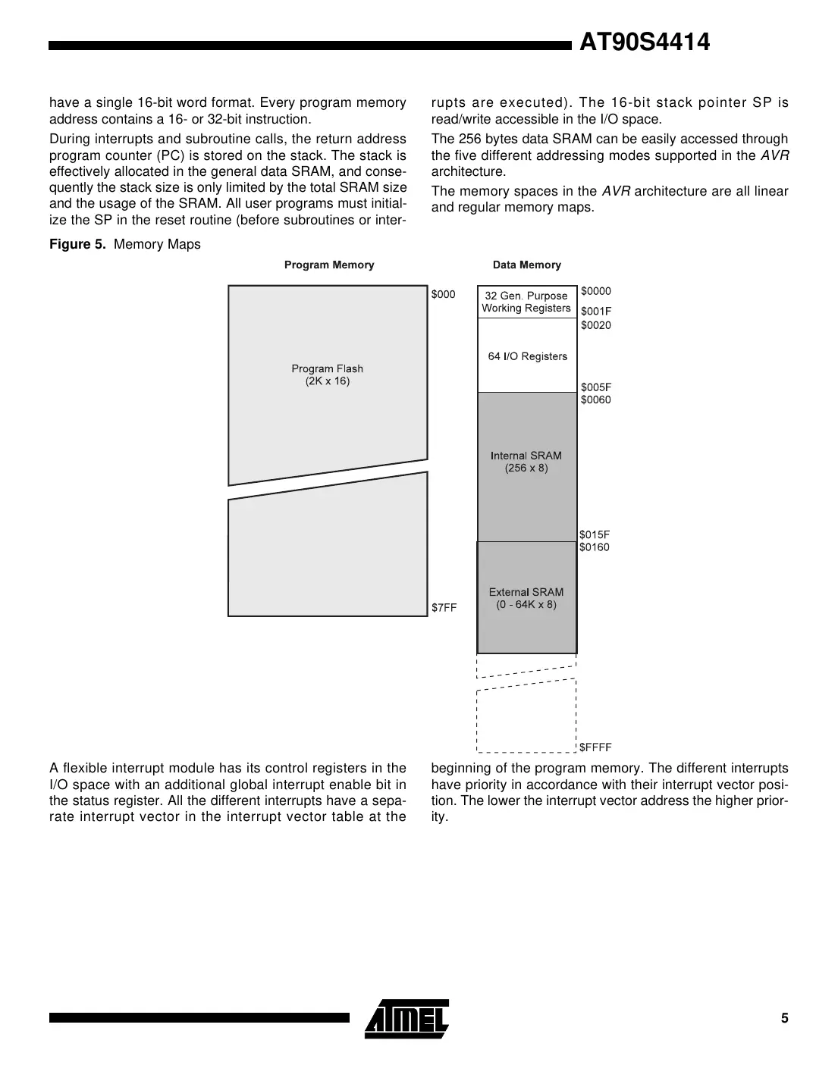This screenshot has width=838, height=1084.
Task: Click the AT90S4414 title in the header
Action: pos(644,42)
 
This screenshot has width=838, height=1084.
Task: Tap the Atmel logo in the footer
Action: pos(406,1018)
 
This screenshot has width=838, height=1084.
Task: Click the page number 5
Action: pos(785,1018)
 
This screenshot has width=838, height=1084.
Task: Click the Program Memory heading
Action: pos(329,265)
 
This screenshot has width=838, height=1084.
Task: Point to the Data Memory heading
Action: pos(526,265)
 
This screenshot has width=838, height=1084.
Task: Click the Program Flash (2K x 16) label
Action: pos(328,374)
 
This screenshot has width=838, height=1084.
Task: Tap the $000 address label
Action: pos(443,294)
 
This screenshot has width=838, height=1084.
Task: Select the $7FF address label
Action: pos(444,607)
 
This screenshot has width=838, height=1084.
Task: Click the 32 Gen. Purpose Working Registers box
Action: pos(526,302)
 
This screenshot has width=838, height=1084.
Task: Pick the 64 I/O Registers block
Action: pos(527,356)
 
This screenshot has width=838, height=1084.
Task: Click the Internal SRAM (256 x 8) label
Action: pos(526,462)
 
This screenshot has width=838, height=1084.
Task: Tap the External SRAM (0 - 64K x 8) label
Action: pos(526,598)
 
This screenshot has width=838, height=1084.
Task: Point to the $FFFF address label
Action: pos(595,747)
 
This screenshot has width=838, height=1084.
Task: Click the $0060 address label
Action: pos(595,399)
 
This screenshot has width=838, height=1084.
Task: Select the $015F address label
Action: pos(595,534)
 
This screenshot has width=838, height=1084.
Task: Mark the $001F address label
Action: pos(595,311)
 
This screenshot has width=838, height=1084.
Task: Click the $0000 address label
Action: pos(595,291)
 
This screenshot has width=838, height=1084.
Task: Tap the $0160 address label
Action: pos(595,547)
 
